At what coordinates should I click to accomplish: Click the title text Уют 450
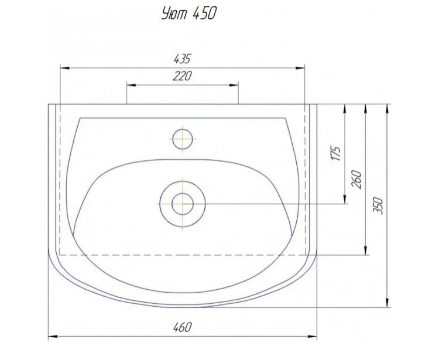[x=189, y=13]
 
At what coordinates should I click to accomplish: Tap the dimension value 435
[x=182, y=59]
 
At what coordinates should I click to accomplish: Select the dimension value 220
[x=182, y=76]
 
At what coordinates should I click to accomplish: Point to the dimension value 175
[x=336, y=153]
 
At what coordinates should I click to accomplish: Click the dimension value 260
[x=357, y=179]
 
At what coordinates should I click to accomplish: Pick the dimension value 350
[x=378, y=205]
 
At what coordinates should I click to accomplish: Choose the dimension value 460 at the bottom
[x=183, y=327]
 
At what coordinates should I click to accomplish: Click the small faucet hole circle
[x=183, y=139]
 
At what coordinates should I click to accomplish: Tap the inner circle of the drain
[x=183, y=204]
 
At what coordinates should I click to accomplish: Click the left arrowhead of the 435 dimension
[x=64, y=68]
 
